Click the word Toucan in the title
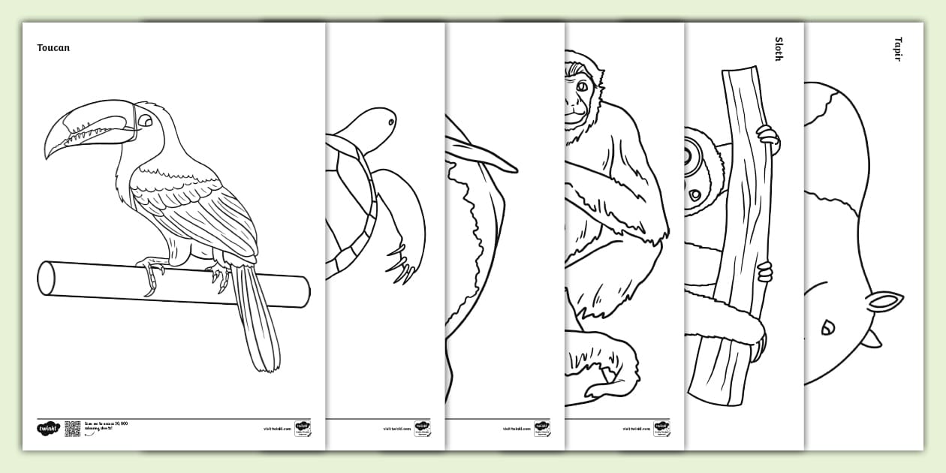(x=53, y=48)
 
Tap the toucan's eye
(x=144, y=121)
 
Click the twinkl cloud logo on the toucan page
(x=47, y=429)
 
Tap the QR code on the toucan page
(x=73, y=429)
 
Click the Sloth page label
(x=779, y=49)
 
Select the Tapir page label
(x=898, y=49)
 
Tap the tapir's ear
(x=884, y=303)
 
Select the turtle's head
(x=375, y=122)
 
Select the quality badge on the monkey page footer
(x=661, y=429)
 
